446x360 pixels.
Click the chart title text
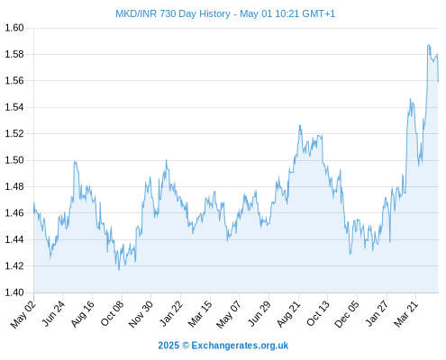225,13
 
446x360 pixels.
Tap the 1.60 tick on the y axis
14,28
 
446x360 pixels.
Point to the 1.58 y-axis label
14,54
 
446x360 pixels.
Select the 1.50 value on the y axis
14,160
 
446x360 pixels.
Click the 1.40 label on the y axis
14,292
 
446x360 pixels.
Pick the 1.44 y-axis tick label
14,239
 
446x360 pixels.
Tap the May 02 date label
23,314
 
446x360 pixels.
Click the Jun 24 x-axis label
53,313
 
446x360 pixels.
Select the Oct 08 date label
112,313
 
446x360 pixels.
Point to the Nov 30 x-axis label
141,314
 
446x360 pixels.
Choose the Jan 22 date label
171,313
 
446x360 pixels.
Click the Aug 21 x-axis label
288,313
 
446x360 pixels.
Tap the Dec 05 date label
347,314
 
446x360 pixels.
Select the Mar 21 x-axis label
406,313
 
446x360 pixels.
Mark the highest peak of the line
428,45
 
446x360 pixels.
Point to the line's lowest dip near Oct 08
119,270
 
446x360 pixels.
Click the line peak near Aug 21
300,125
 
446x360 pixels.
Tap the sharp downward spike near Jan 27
390,242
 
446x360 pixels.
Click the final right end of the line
438,82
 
